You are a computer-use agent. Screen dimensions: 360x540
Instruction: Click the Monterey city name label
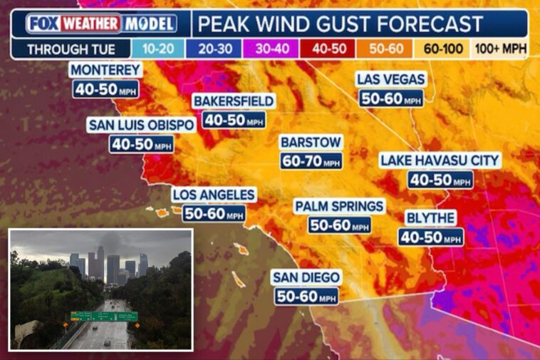click(105, 70)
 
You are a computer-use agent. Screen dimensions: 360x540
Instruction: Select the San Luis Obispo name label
click(141, 125)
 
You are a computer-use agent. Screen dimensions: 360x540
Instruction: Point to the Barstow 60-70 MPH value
click(311, 161)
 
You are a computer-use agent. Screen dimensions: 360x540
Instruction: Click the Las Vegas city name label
click(391, 78)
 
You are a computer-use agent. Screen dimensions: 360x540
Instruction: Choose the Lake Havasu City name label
click(440, 160)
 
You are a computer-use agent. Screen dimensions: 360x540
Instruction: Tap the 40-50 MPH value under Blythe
click(431, 237)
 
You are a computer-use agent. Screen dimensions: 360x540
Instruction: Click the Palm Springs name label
click(340, 206)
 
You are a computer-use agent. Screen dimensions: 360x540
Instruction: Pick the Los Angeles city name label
click(214, 195)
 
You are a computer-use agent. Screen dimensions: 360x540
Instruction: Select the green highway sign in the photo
click(104, 316)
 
